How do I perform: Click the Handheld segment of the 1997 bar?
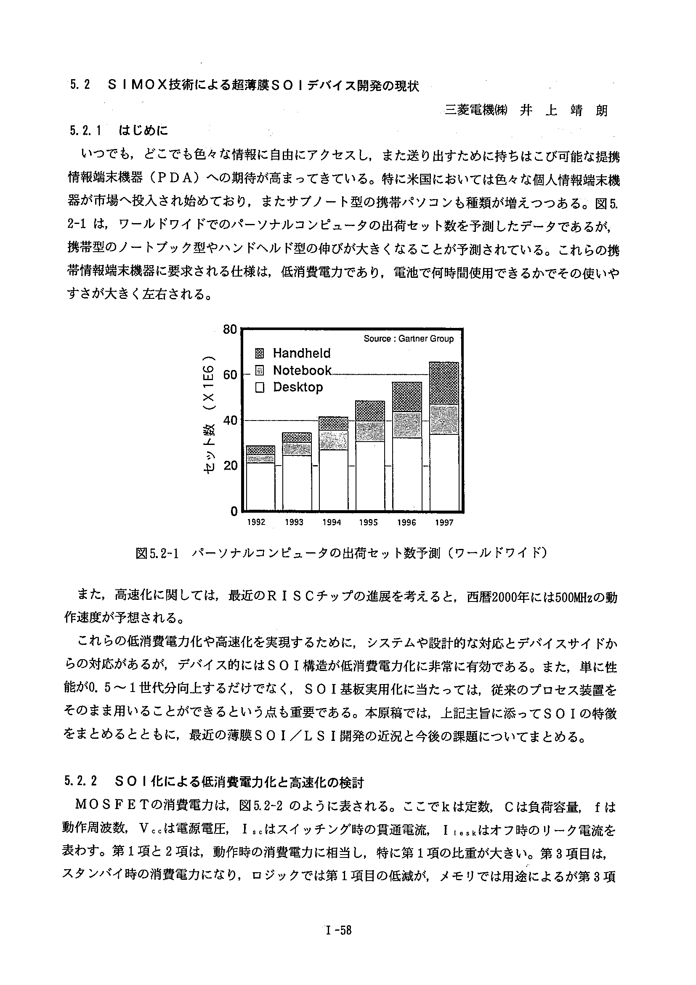click(444, 383)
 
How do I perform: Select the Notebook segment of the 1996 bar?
click(407, 425)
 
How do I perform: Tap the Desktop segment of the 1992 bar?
click(260, 487)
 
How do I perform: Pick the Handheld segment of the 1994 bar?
click(334, 423)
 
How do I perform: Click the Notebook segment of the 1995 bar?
click(370, 431)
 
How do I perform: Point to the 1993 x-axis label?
click(294, 522)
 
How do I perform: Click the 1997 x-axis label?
click(444, 522)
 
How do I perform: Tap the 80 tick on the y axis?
click(230, 330)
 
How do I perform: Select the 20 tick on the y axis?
click(230, 466)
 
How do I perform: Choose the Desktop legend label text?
click(298, 387)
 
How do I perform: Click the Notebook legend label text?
click(302, 370)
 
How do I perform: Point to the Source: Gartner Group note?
click(408, 338)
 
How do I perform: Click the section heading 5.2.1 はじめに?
click(118, 130)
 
